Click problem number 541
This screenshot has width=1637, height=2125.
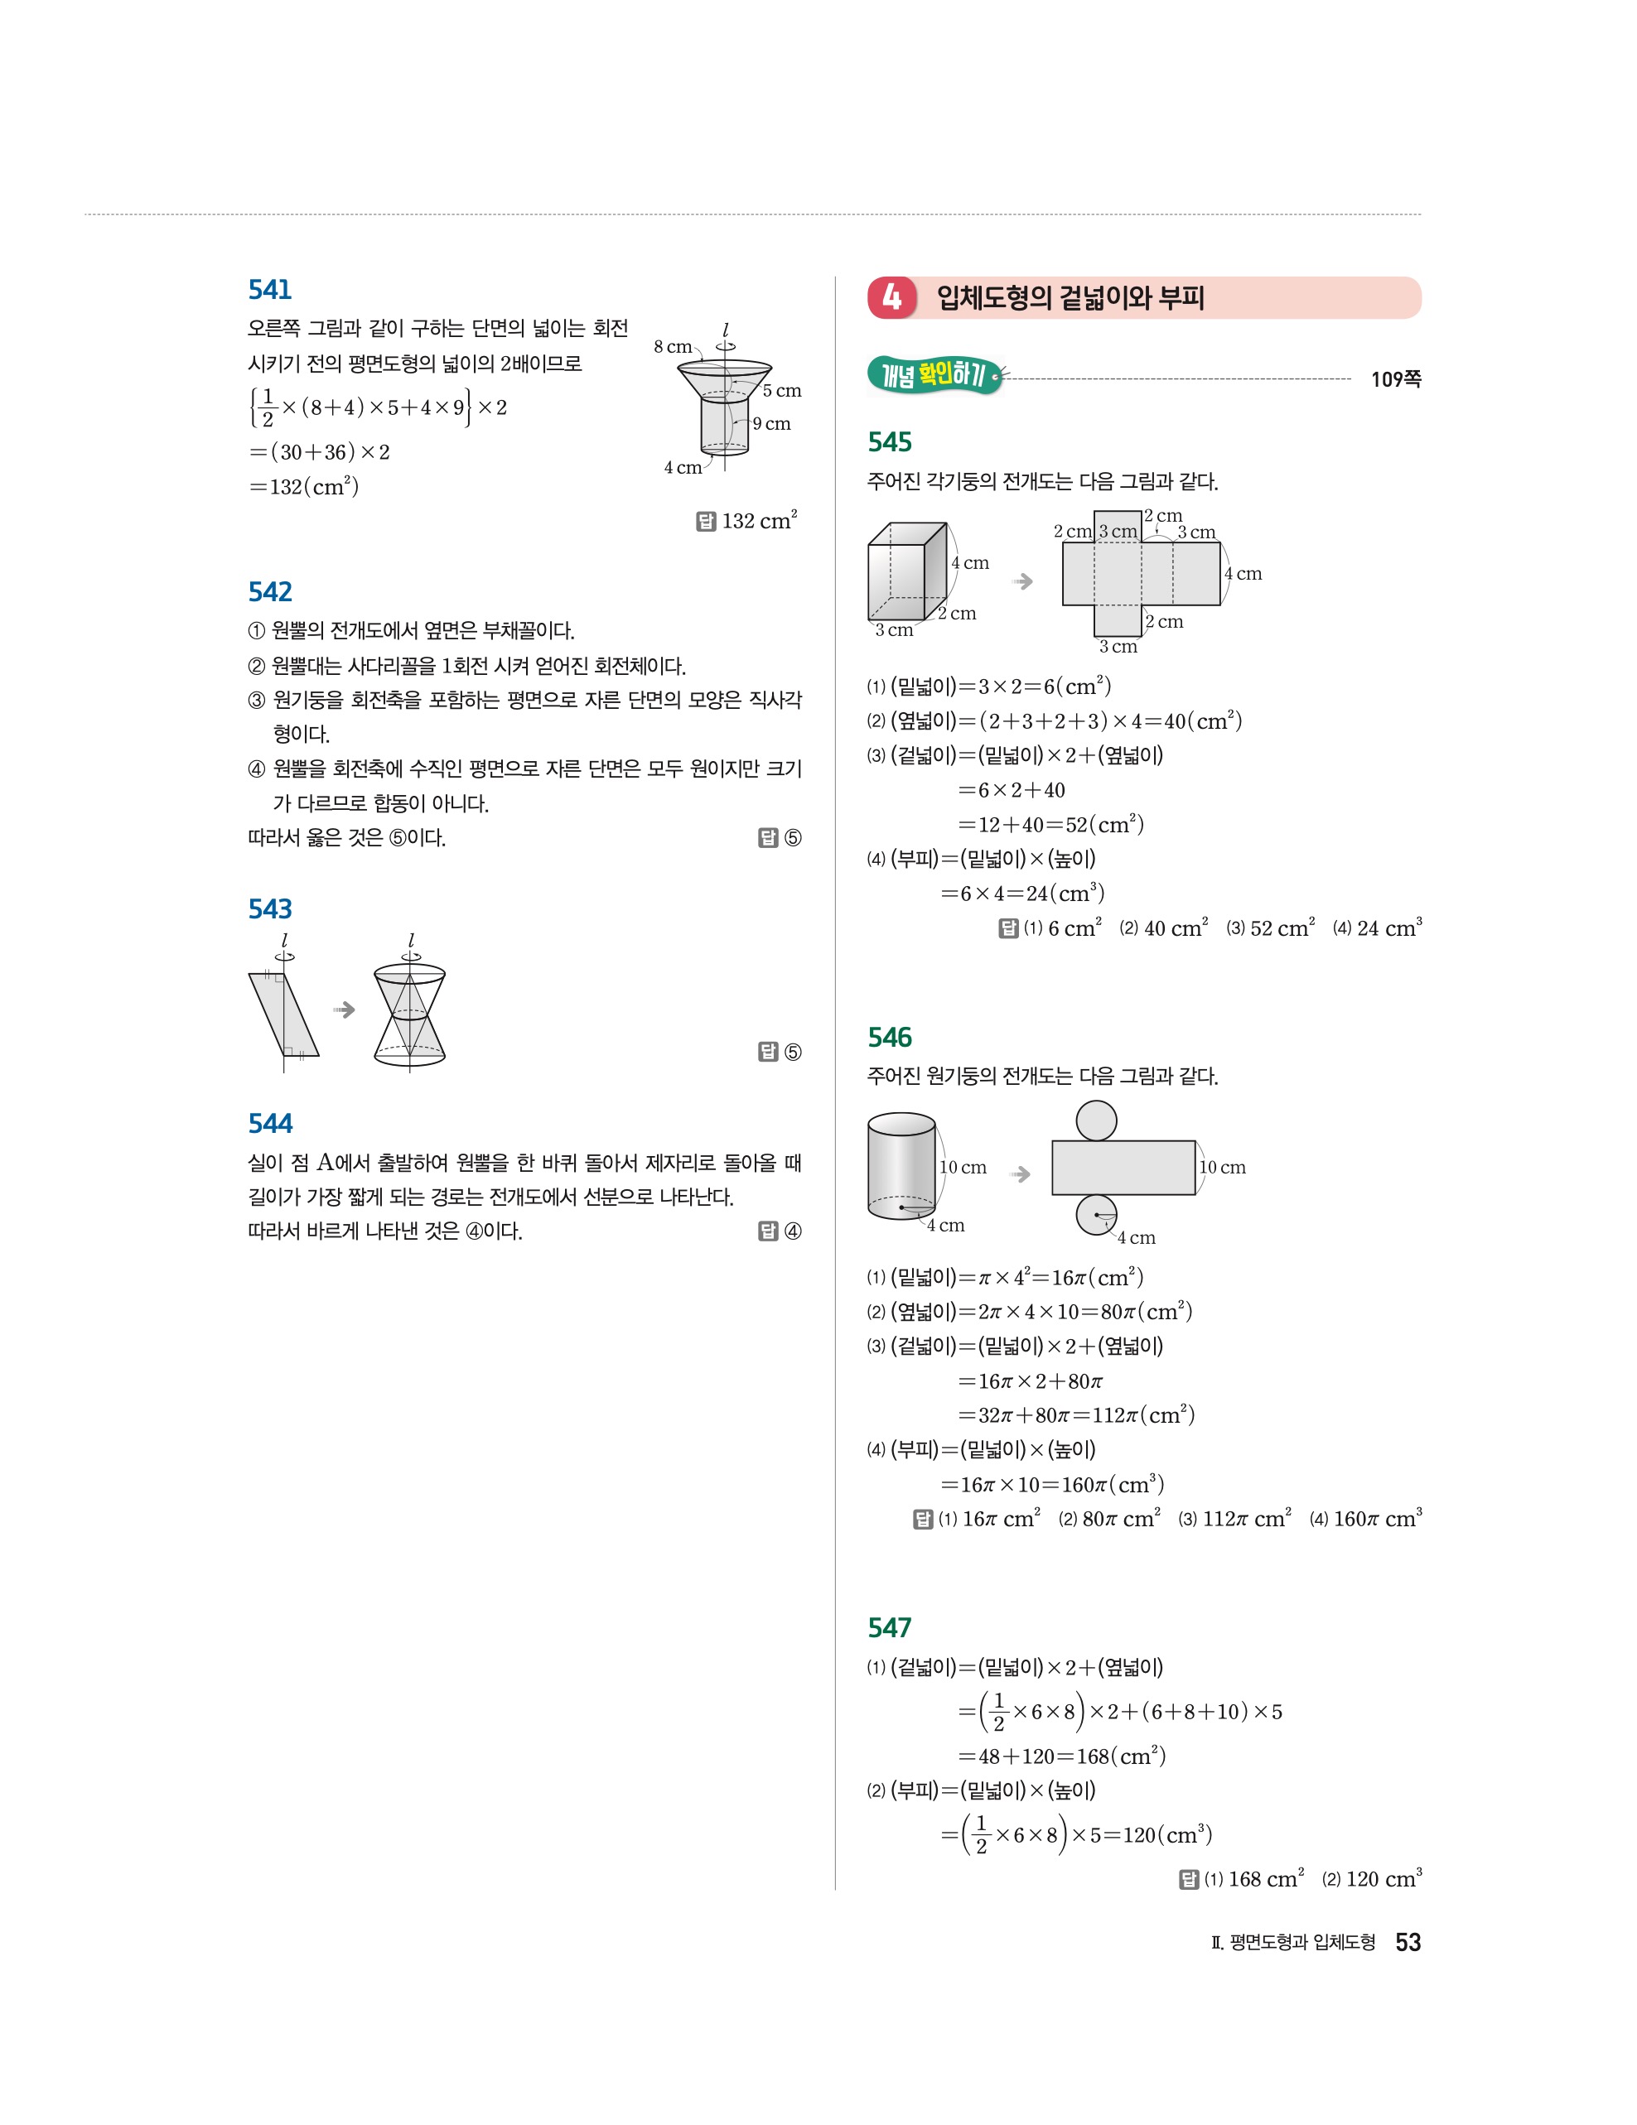click(269, 289)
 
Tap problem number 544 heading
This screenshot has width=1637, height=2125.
click(269, 1123)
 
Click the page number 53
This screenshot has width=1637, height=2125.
click(1408, 1942)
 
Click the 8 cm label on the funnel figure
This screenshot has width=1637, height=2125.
click(673, 346)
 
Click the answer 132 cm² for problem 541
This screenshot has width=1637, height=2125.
click(759, 521)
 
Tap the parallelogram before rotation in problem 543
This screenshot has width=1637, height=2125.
click(283, 1014)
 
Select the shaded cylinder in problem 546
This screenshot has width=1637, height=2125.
click(901, 1166)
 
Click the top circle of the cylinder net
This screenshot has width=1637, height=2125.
click(1096, 1120)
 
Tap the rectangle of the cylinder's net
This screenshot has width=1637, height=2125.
click(1123, 1168)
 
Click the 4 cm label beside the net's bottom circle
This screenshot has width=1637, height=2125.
click(1136, 1237)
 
